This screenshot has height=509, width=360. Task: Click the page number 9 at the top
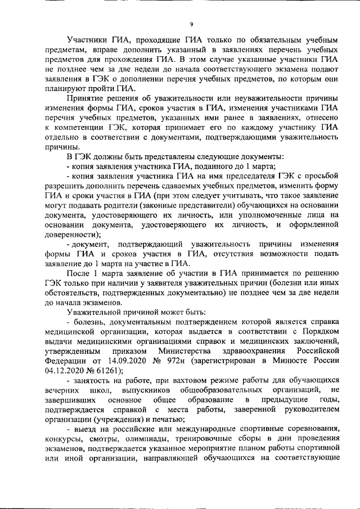click(192, 24)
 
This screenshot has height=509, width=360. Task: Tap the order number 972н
click(178, 360)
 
